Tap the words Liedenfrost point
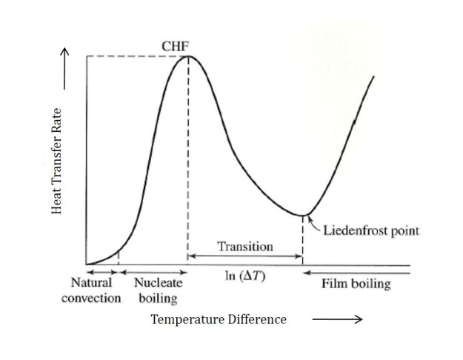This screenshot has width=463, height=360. (370, 230)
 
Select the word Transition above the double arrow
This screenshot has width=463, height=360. (244, 246)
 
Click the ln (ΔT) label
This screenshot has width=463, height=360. (244, 276)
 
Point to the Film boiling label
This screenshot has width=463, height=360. (356, 284)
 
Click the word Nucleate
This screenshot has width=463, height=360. (159, 283)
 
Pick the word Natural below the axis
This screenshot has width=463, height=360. (91, 283)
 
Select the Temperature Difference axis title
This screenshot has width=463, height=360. (219, 319)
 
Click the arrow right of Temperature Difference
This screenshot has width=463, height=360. (337, 319)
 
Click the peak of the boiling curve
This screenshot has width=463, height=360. (188, 56)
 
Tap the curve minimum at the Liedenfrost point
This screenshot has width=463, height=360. (303, 216)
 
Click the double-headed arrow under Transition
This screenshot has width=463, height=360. (244, 256)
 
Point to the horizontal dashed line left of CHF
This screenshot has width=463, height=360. (133, 56)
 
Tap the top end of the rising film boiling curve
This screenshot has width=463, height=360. (373, 76)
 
